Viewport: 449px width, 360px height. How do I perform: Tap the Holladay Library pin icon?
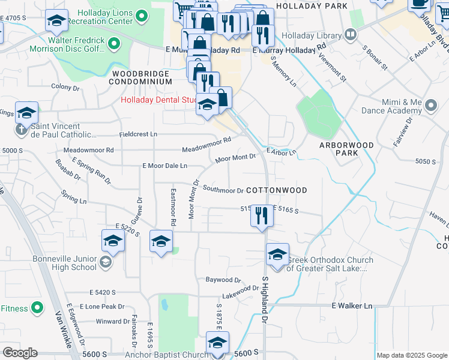[350, 34]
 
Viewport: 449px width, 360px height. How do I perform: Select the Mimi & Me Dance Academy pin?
[430, 106]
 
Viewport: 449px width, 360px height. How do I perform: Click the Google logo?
[20, 353]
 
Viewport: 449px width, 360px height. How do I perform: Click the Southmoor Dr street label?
[223, 191]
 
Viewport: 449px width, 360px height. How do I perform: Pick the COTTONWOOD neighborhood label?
[276, 190]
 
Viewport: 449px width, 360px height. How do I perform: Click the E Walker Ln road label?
[352, 306]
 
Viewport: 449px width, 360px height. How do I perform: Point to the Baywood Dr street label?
[223, 280]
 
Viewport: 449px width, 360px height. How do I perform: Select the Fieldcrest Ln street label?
[138, 134]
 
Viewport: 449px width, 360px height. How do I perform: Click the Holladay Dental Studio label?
[159, 100]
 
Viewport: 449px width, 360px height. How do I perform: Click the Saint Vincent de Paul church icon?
[21, 128]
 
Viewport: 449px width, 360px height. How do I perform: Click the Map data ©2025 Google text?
[411, 355]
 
